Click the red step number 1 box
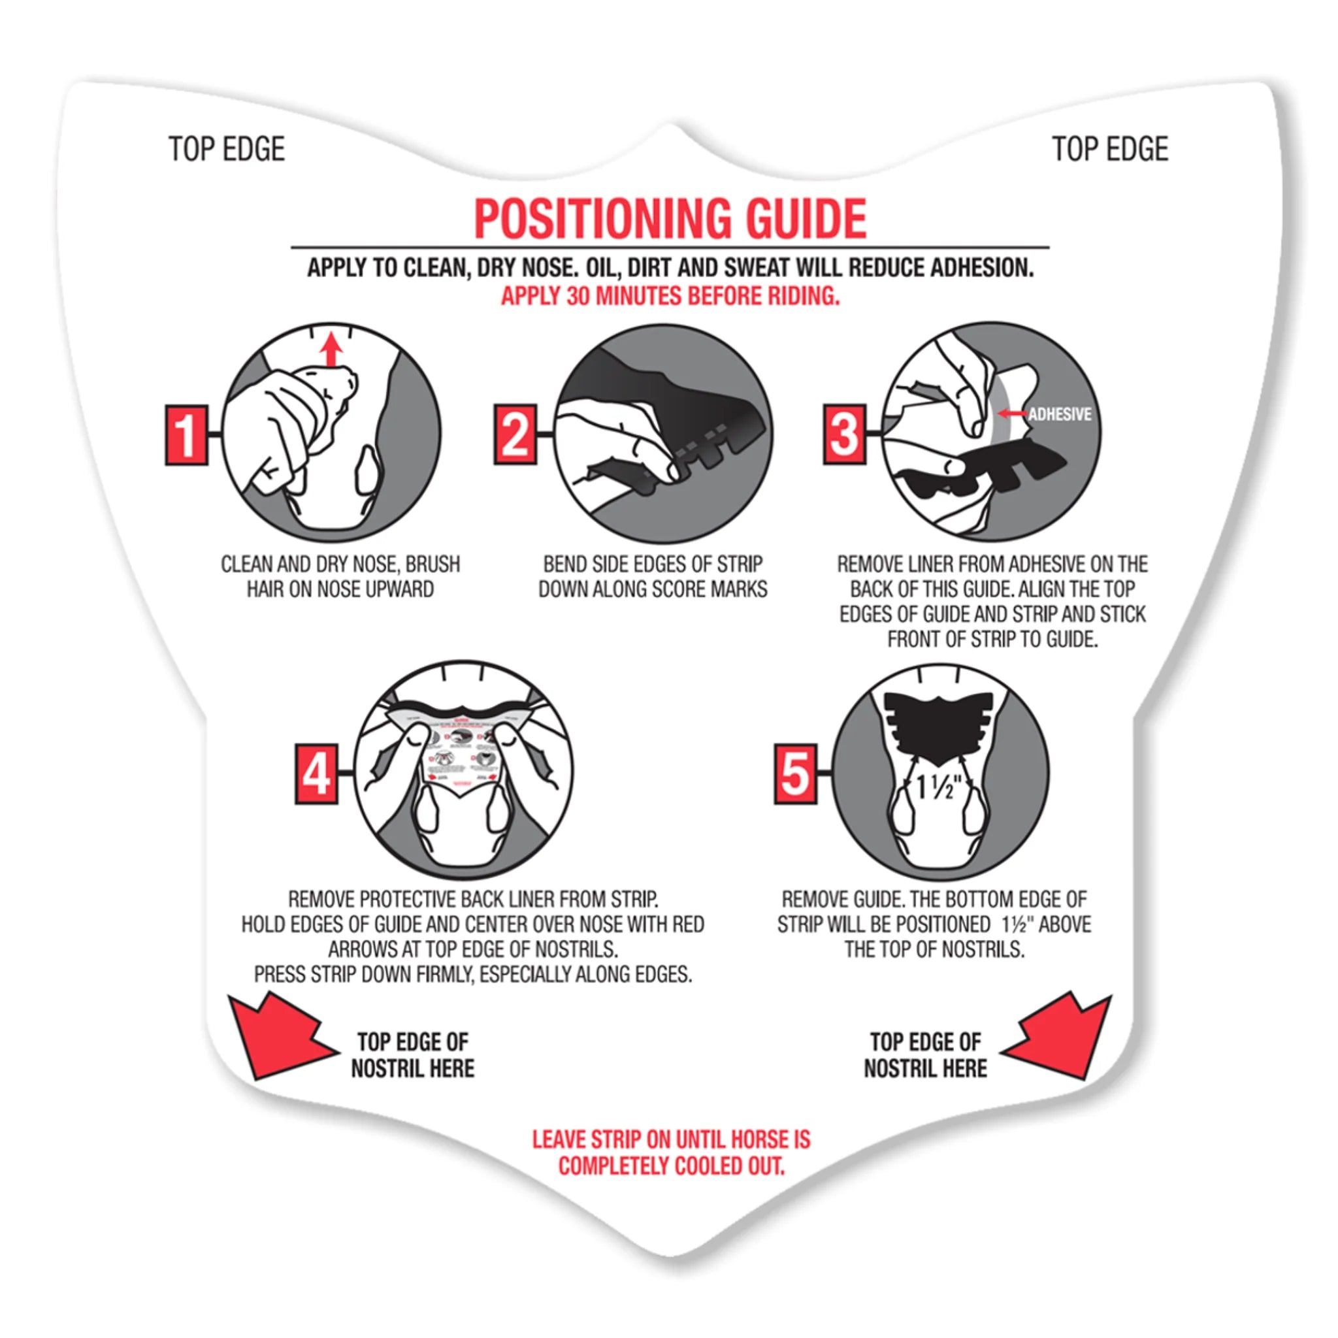(186, 435)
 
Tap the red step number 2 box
(515, 435)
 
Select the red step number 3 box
(844, 435)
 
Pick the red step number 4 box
(316, 774)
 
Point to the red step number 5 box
(795, 774)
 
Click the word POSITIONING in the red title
(602, 219)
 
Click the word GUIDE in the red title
(806, 219)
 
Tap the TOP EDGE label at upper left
(227, 150)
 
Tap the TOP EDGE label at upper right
(1109, 150)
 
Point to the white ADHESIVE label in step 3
(1059, 414)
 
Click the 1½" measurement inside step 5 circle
(938, 787)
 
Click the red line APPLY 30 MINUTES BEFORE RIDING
(670, 297)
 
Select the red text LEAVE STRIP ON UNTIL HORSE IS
(670, 1139)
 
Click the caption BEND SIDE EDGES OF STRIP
(653, 564)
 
